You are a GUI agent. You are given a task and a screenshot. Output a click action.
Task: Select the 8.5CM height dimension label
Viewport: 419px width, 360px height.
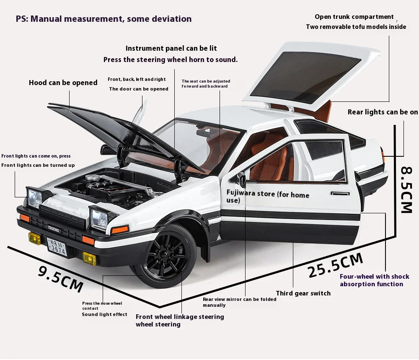[x=406, y=189]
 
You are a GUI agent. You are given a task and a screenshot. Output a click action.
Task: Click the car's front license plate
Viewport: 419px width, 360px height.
[x=56, y=246]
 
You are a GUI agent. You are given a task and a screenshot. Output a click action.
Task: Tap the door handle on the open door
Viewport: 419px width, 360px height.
[x=340, y=194]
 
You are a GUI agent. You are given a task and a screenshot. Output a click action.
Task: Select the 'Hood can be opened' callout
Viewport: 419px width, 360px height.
[x=63, y=83]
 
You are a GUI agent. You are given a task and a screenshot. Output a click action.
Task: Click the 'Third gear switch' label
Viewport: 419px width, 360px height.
[x=303, y=293]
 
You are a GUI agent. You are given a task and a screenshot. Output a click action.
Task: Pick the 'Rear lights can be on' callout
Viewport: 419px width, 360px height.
[x=383, y=112]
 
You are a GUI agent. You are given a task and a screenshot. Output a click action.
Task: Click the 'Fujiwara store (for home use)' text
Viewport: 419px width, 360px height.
[x=268, y=197]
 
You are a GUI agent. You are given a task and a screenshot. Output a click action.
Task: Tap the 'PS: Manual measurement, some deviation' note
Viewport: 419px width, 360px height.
[x=103, y=19]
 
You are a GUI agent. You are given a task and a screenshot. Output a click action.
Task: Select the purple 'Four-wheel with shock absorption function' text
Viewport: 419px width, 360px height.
[x=374, y=280]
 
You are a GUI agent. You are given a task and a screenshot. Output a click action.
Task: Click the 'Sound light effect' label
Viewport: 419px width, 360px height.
[x=104, y=314]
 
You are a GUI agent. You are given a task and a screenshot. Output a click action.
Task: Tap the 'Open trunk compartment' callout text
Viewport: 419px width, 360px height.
[x=354, y=17]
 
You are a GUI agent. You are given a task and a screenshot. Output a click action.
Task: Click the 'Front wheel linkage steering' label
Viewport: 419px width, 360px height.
[x=180, y=317]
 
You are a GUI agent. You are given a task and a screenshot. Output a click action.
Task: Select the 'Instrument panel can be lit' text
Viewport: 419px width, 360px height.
[x=171, y=49]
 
